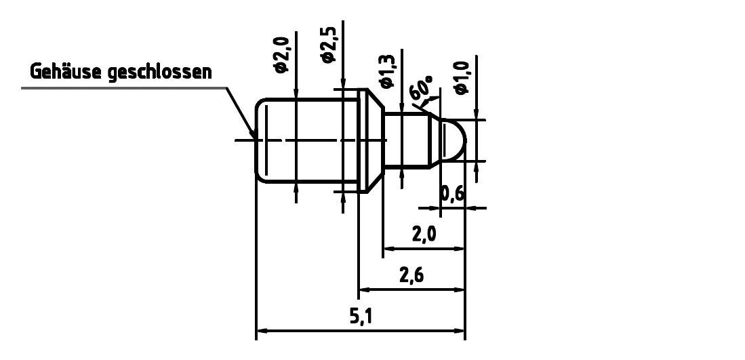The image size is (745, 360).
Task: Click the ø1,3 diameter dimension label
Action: pos(388,72)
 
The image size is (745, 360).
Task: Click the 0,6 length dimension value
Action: pos(452,195)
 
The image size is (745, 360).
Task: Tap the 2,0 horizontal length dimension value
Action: pos(424,235)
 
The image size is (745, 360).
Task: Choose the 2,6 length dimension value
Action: pos(411,276)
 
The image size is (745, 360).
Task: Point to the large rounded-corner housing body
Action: pos(305,140)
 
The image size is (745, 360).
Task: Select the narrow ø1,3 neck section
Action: pos(405,140)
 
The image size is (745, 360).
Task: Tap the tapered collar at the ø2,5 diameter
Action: pos(370,140)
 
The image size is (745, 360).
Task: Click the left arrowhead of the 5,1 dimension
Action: pos(262,332)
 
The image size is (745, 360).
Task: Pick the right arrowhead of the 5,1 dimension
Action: pos(460,332)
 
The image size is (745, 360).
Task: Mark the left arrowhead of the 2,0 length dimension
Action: pos(389,249)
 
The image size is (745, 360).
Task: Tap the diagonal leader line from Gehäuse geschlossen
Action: pos(241,112)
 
